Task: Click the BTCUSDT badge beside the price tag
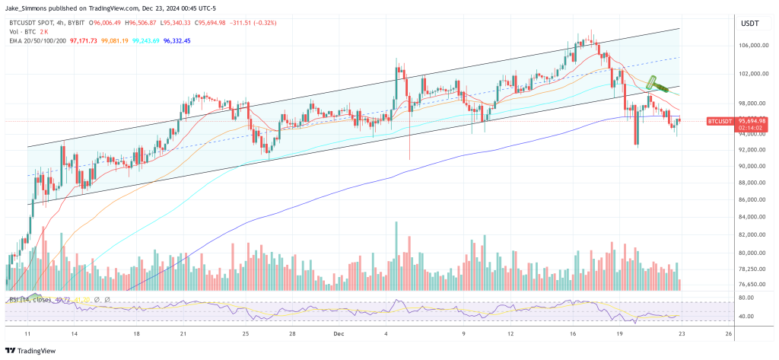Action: (x=719, y=121)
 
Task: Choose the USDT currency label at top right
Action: (x=748, y=24)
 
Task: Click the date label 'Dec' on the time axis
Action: (x=340, y=333)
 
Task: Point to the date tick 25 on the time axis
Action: (x=246, y=333)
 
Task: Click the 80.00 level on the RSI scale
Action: (x=745, y=298)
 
